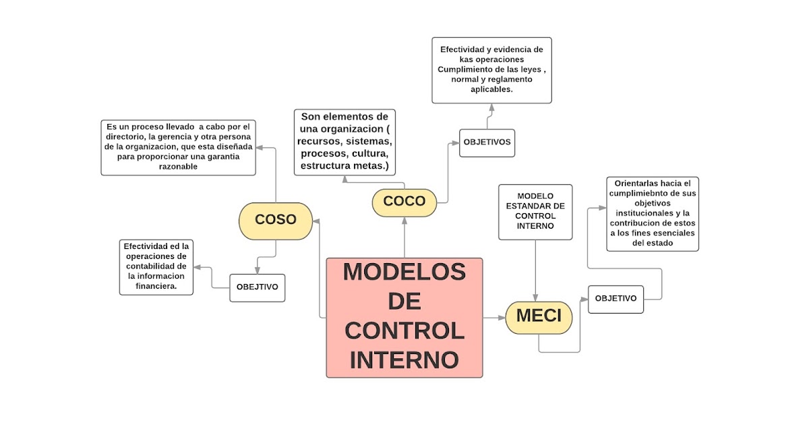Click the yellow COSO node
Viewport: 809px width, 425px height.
pyautogui.click(x=276, y=220)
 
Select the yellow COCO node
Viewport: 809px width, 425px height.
pyautogui.click(x=404, y=201)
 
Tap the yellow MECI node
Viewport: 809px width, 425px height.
pyautogui.click(x=539, y=316)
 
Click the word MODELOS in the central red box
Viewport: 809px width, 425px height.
pyautogui.click(x=404, y=272)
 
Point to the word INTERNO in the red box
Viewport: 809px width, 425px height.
pyautogui.click(x=404, y=360)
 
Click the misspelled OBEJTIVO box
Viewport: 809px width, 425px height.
pyautogui.click(x=257, y=287)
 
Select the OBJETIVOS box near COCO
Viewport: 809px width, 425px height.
pyautogui.click(x=487, y=142)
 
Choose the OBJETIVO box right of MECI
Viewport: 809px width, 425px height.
pyautogui.click(x=616, y=299)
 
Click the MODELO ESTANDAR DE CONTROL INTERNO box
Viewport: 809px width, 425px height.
pyautogui.click(x=535, y=211)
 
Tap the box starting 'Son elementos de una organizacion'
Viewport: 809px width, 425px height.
pyautogui.click(x=344, y=142)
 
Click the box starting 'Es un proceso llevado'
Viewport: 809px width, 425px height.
pyautogui.click(x=178, y=146)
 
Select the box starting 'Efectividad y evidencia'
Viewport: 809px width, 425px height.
pyautogui.click(x=491, y=69)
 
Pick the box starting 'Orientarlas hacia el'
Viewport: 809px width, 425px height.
pyautogui.click(x=652, y=213)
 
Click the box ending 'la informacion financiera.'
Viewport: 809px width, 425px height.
pyautogui.click(x=156, y=266)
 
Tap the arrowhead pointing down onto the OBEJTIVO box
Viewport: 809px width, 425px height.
pyautogui.click(x=257, y=270)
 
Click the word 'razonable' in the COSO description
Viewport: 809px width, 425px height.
pyautogui.click(x=178, y=167)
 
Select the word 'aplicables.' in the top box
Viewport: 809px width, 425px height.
pyautogui.click(x=491, y=89)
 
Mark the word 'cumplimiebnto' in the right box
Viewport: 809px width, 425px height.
pyautogui.click(x=652, y=193)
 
